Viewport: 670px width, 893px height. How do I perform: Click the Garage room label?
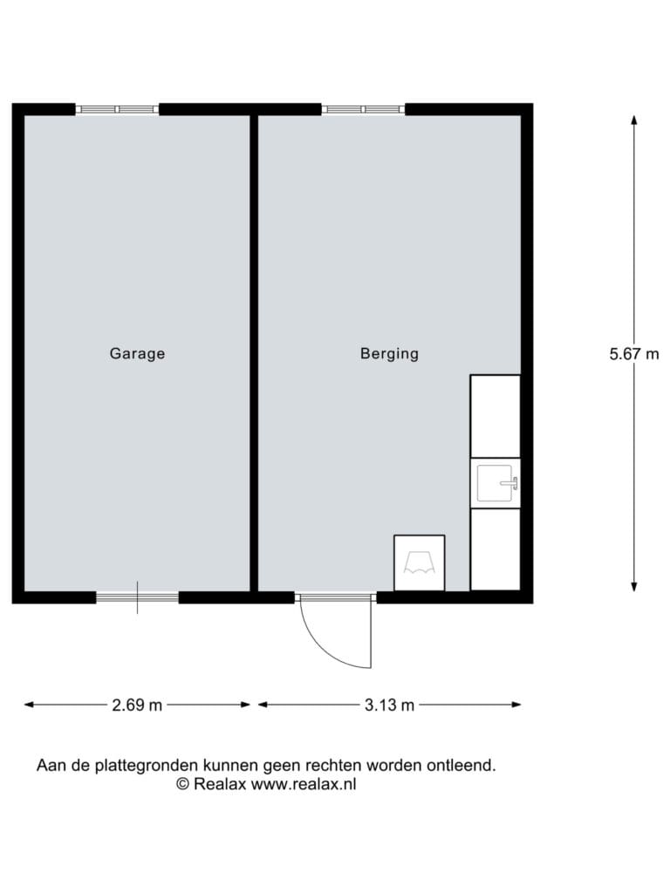click(x=137, y=354)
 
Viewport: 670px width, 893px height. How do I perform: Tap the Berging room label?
click(x=390, y=354)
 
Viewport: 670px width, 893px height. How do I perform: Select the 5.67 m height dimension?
click(x=634, y=354)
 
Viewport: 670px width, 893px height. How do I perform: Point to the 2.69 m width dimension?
click(x=137, y=705)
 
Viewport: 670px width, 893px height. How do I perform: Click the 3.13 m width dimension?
click(x=390, y=705)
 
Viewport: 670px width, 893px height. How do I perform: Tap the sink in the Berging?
click(x=496, y=483)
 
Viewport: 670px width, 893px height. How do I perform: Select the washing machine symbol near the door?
click(x=420, y=562)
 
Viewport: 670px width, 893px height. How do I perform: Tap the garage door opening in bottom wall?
click(x=137, y=597)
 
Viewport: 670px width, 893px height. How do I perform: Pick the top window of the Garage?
click(x=118, y=109)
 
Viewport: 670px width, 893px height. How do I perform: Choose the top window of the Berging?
click(x=364, y=109)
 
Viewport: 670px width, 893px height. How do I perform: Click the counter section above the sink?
click(x=496, y=416)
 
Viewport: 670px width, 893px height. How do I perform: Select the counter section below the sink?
click(x=496, y=549)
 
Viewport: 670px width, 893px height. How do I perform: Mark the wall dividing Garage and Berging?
click(x=254, y=353)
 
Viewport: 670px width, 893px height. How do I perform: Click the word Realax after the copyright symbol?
click(x=220, y=784)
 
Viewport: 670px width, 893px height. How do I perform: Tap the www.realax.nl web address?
click(x=304, y=784)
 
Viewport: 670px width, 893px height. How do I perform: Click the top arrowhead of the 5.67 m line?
click(x=634, y=119)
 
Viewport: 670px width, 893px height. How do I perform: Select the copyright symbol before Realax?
click(x=182, y=784)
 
